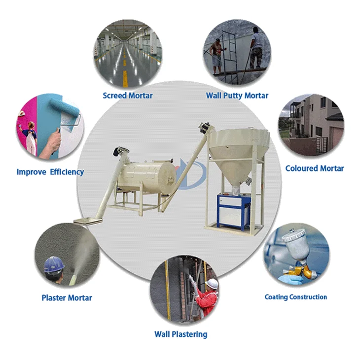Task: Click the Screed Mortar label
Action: (x=128, y=95)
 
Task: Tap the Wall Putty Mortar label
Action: (x=238, y=95)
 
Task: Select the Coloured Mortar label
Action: (x=315, y=168)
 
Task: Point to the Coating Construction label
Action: (x=295, y=297)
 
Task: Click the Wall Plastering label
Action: (x=180, y=334)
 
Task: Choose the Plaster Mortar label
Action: (x=67, y=297)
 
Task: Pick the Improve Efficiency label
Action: (x=50, y=172)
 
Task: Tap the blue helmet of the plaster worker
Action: (x=53, y=265)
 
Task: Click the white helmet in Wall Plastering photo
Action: (x=212, y=284)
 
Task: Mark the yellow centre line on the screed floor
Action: (x=125, y=74)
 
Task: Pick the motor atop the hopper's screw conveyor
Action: (x=203, y=129)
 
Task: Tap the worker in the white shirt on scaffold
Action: (x=256, y=47)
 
